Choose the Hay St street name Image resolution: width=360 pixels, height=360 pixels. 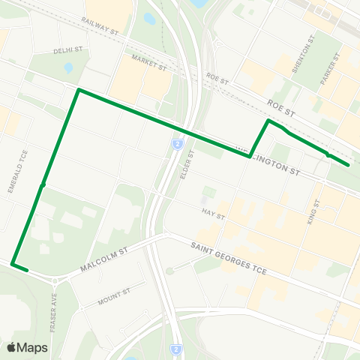tap(213, 214)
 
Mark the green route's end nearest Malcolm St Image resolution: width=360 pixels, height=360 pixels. tap(27, 269)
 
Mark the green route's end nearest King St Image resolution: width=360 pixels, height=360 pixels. tap(349, 165)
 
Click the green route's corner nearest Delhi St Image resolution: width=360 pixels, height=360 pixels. tap(78, 90)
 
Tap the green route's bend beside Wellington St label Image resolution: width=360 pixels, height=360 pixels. tap(250, 156)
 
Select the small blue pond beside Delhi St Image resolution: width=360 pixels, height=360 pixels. tap(68, 67)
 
